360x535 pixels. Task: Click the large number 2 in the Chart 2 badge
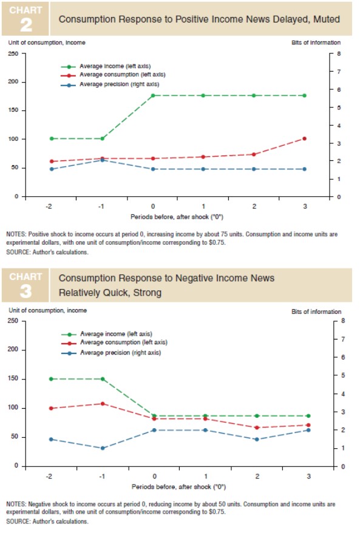[x=26, y=25]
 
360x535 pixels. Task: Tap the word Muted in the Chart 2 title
[x=327, y=19]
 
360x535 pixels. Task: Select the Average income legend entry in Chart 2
[x=106, y=66]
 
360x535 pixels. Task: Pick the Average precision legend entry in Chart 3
[x=111, y=353]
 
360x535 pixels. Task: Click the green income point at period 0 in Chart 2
[x=153, y=95]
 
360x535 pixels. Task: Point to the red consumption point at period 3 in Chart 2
[x=304, y=138]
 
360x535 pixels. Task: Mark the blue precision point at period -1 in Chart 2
[x=102, y=160]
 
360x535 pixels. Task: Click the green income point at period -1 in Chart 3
[x=103, y=379]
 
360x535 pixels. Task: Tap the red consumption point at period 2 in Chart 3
[x=257, y=428]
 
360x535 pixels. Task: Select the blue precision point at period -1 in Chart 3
[x=103, y=448]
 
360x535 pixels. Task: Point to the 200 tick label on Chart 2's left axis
[x=13, y=82]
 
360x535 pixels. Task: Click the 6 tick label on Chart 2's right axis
[x=339, y=90]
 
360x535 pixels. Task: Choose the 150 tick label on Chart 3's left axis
[x=13, y=379]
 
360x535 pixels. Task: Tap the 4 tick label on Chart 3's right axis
[x=343, y=394]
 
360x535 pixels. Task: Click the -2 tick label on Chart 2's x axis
[x=49, y=206]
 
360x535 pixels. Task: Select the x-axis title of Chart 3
[x=179, y=486]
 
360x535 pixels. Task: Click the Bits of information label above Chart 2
[x=316, y=43]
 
